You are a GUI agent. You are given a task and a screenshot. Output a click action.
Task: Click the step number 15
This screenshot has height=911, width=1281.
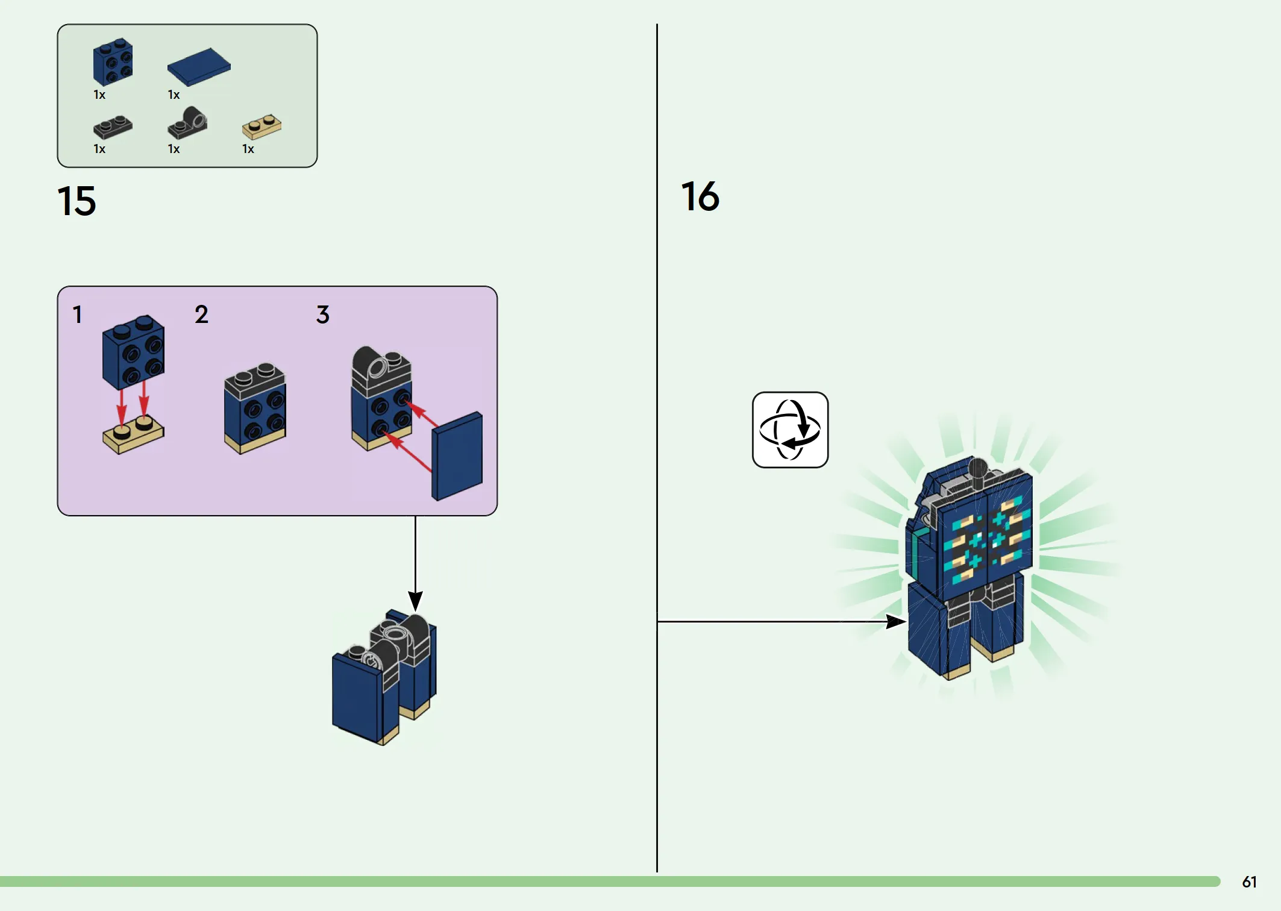pyautogui.click(x=77, y=201)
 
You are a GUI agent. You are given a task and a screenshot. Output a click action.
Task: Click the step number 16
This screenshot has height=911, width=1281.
pyautogui.click(x=700, y=196)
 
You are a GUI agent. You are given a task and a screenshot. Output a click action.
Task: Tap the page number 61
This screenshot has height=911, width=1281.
pyautogui.click(x=1249, y=882)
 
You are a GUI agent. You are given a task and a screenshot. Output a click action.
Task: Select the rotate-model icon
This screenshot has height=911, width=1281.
pyautogui.click(x=790, y=430)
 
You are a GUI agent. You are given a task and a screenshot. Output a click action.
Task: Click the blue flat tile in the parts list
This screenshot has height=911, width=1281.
pyautogui.click(x=199, y=67)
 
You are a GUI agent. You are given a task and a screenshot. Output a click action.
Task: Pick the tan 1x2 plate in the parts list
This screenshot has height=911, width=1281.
pyautogui.click(x=262, y=127)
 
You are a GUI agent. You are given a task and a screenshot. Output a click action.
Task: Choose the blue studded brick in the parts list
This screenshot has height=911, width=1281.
pyautogui.click(x=113, y=61)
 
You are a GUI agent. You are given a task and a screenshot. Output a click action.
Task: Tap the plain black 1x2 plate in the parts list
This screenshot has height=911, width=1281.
pyautogui.click(x=113, y=127)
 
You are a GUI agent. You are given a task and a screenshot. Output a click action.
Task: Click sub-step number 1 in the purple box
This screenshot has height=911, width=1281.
pyautogui.click(x=77, y=315)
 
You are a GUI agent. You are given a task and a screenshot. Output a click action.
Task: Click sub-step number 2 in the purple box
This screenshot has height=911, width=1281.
pyautogui.click(x=201, y=315)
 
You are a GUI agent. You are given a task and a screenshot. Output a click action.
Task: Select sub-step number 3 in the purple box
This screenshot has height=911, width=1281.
pyautogui.click(x=323, y=315)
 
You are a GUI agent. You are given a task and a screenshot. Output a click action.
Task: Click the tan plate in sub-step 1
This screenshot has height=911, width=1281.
pyautogui.click(x=133, y=434)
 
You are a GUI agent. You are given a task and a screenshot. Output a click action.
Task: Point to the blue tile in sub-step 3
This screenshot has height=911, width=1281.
pyautogui.click(x=457, y=456)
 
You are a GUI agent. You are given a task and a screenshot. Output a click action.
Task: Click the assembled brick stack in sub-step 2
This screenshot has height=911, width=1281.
pyautogui.click(x=255, y=409)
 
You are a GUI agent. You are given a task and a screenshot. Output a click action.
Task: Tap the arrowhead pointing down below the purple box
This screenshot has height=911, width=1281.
pyautogui.click(x=415, y=601)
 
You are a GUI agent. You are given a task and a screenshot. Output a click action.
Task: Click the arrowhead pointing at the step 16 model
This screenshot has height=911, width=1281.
pyautogui.click(x=897, y=622)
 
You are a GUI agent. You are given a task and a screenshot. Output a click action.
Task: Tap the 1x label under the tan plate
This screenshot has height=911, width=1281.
pyautogui.click(x=248, y=149)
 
